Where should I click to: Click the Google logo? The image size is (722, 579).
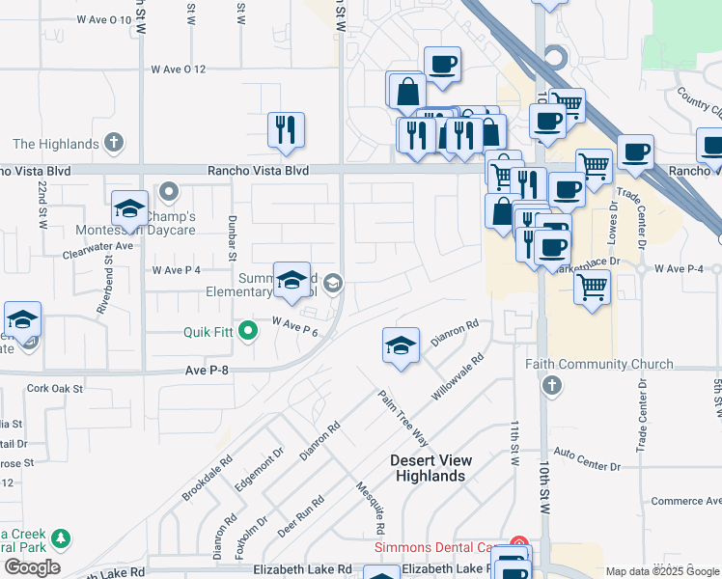click(x=32, y=567)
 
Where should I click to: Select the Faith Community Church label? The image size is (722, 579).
click(x=599, y=364)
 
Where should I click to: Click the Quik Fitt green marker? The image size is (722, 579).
click(x=248, y=333)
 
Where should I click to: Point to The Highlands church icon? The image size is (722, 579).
click(x=114, y=144)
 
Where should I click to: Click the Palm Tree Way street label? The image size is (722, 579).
click(x=403, y=416)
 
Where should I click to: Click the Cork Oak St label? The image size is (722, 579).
click(x=55, y=389)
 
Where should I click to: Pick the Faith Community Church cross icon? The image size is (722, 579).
click(x=551, y=386)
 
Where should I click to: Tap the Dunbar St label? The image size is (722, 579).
click(x=232, y=238)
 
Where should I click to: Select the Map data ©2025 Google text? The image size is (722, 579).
click(x=662, y=571)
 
